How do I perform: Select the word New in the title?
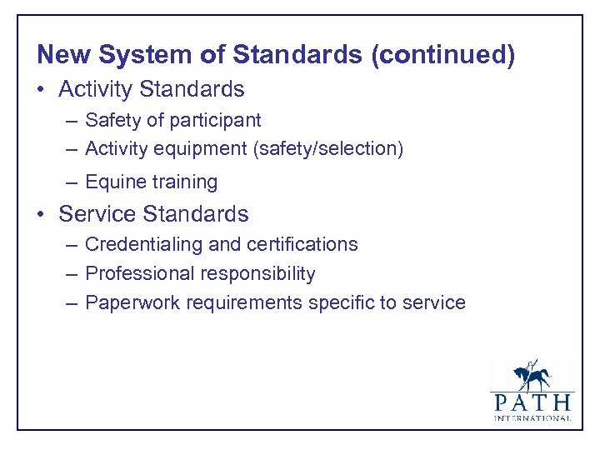[63, 56]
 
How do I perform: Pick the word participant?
[214, 121]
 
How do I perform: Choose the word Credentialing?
[142, 244]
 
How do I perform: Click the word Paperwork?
[130, 302]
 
